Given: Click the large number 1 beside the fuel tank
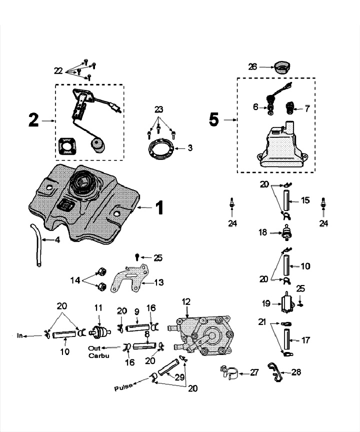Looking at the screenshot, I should click(x=159, y=207).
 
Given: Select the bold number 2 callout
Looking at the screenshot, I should click(x=33, y=120).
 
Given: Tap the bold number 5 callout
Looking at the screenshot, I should click(x=213, y=120).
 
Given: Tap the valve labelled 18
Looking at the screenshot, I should click(x=287, y=233).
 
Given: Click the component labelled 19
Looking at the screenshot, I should click(x=287, y=302).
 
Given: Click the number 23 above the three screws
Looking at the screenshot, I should click(x=159, y=108).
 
